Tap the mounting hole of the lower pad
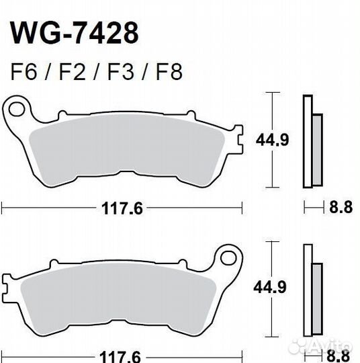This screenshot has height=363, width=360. (227, 256)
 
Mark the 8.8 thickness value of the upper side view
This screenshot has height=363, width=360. (340, 208)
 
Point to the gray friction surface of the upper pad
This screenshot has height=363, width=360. (128, 151)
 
